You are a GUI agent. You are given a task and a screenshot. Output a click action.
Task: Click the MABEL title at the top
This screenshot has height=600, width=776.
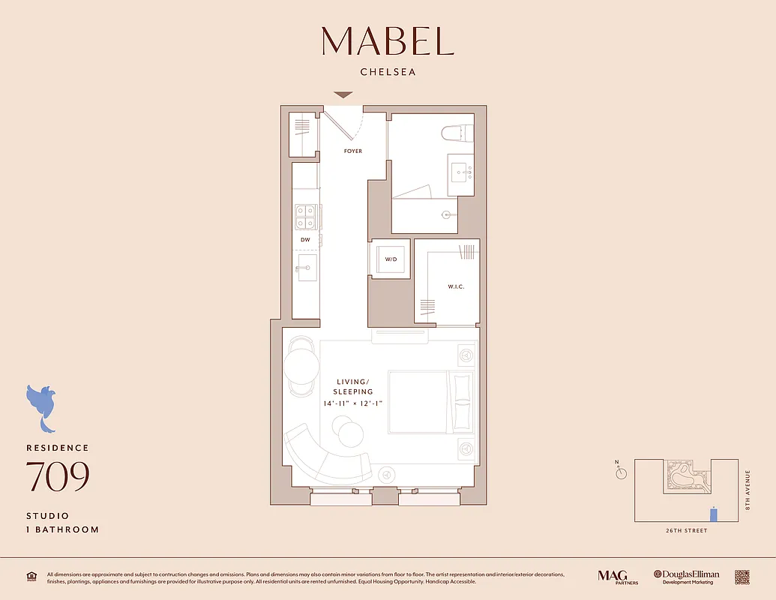click(x=388, y=41)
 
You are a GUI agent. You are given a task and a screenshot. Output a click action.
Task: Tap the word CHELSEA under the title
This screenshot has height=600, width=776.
click(x=388, y=73)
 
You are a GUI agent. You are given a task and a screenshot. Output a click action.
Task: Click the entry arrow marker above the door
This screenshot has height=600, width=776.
click(x=343, y=95)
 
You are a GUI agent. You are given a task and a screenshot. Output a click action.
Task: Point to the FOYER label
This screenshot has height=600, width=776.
click(x=352, y=151)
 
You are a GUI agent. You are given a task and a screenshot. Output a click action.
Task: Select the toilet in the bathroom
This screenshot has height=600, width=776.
click(x=457, y=133)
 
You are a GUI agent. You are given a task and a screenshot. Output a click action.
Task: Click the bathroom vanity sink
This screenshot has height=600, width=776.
click(x=460, y=172)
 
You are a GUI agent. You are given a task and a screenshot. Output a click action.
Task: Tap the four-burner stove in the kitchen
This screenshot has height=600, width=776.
click(x=305, y=217)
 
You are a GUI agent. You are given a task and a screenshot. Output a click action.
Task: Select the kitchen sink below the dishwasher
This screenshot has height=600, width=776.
click(x=307, y=268)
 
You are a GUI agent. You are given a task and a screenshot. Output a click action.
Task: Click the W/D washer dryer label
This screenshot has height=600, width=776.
click(x=391, y=259)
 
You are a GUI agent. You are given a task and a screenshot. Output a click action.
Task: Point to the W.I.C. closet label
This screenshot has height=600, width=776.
click(x=446, y=285)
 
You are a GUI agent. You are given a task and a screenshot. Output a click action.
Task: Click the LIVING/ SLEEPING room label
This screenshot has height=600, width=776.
click(x=354, y=387)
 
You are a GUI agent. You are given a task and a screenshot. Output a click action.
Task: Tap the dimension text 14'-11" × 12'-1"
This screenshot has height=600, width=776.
click(x=354, y=404)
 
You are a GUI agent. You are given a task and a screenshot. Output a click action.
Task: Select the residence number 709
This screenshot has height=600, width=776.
click(x=58, y=477)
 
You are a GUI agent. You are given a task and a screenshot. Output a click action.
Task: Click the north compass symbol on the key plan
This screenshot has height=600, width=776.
click(x=622, y=472)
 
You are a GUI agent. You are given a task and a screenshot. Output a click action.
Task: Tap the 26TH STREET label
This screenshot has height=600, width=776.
click(x=686, y=531)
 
